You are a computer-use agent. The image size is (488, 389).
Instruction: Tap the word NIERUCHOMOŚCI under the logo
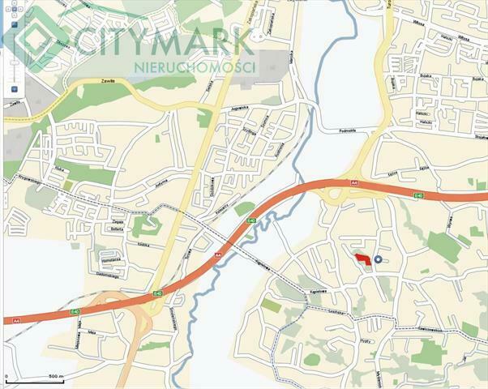[x=197, y=66]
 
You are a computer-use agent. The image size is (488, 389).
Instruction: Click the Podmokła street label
[x=329, y=130]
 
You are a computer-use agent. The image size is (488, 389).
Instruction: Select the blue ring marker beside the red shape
[x=378, y=259]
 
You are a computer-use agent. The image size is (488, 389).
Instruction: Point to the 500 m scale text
[x=55, y=377]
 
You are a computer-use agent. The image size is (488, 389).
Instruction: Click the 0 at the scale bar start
[x=6, y=377]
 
